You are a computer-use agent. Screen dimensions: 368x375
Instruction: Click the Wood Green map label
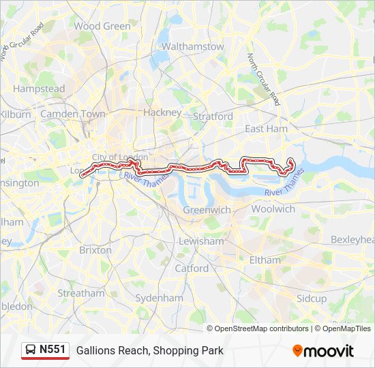(102, 27)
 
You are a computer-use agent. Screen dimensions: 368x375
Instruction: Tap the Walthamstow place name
(192, 47)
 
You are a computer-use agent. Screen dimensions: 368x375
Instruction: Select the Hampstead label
(39, 89)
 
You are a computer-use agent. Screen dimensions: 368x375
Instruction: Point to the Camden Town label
(73, 114)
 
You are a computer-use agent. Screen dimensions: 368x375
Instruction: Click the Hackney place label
(163, 112)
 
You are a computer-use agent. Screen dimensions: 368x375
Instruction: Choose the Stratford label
(213, 117)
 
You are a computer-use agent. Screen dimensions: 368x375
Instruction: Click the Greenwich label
(207, 210)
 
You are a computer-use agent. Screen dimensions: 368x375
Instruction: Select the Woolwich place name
(273, 209)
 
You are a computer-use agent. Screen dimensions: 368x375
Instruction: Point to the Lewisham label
(201, 241)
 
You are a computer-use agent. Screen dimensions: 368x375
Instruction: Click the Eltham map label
(265, 260)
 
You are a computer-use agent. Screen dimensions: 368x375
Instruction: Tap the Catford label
(192, 269)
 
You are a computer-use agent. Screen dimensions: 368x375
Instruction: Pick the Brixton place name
(95, 250)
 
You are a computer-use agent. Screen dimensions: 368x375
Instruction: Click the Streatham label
(81, 294)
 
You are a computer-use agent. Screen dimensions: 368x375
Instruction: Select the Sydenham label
(160, 298)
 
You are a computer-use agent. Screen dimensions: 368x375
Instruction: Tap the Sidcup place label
(312, 298)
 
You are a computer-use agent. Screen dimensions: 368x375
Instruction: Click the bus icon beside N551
(30, 350)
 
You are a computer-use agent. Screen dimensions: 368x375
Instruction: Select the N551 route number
(52, 350)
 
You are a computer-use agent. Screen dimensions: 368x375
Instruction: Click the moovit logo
(323, 350)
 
